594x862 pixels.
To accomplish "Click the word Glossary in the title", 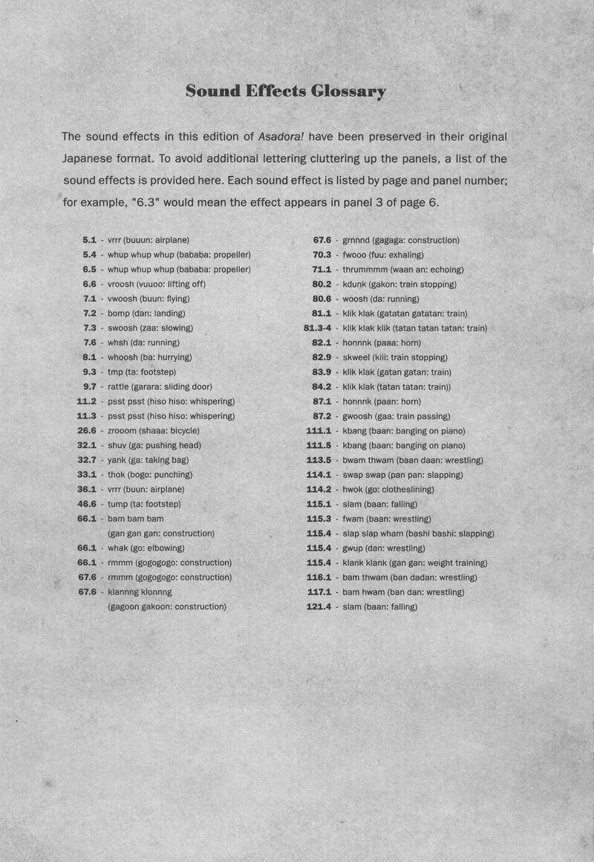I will (x=348, y=92).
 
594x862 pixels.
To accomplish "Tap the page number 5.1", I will (x=89, y=240).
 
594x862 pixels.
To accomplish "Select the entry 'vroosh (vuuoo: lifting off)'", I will (x=157, y=284).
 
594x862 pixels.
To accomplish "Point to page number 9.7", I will (x=89, y=386).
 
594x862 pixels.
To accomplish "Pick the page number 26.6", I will (x=87, y=430).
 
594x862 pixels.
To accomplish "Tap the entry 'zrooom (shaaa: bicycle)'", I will (x=153, y=430).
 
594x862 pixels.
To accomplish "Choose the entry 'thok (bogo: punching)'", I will (x=150, y=474).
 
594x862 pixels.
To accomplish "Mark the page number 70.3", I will (x=322, y=255).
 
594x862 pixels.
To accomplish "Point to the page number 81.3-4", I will (x=317, y=328).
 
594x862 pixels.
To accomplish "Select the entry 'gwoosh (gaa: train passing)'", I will (x=396, y=416).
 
